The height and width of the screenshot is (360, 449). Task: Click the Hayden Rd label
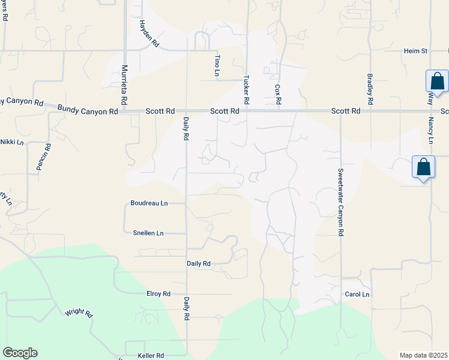148,34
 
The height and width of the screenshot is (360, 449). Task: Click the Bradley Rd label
370,89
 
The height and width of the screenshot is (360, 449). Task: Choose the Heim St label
415,51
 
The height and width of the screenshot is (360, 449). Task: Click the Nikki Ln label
11,142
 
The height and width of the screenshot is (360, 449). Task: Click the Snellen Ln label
148,233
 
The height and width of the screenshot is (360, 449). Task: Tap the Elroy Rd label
158,294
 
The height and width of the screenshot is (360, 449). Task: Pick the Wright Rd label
79,313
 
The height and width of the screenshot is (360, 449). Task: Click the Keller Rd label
151,356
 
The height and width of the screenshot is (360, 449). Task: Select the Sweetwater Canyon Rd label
340,202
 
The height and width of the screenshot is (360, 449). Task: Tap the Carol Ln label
357,295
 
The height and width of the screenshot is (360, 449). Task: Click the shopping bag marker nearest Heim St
437,82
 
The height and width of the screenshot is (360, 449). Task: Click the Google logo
20,353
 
